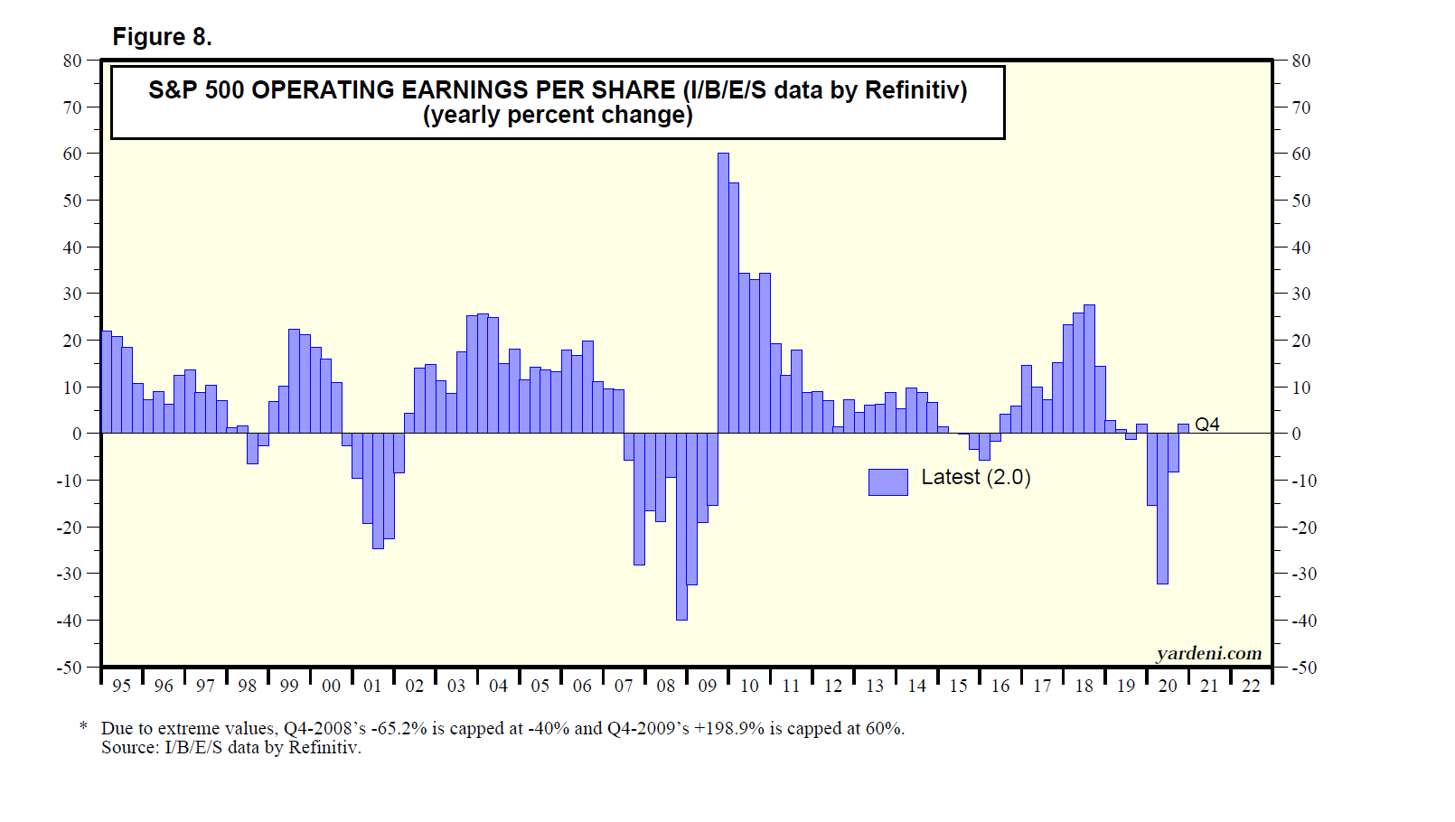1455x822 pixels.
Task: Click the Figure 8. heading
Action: point(162,37)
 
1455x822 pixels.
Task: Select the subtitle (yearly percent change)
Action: point(558,116)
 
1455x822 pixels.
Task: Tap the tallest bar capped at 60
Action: point(723,294)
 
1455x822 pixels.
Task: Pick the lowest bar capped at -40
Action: point(681,527)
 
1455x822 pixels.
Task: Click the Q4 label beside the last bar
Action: point(1206,425)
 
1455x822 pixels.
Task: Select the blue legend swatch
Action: point(887,482)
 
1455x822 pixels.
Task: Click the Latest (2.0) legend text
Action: point(976,478)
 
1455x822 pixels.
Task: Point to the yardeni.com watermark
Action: point(1208,653)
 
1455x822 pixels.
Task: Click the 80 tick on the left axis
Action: point(72,61)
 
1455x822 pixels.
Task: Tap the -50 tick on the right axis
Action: point(1303,668)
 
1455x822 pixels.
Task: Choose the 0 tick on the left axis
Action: point(77,434)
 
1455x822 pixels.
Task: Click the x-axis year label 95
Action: point(121,687)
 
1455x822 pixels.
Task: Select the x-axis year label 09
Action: point(708,687)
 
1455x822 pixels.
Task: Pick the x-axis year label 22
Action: point(1251,687)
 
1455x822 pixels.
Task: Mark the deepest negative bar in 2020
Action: point(1162,509)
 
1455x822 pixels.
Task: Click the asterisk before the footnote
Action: point(83,727)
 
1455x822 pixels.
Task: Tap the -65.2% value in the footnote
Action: point(399,729)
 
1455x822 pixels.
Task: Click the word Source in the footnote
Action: point(127,748)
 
